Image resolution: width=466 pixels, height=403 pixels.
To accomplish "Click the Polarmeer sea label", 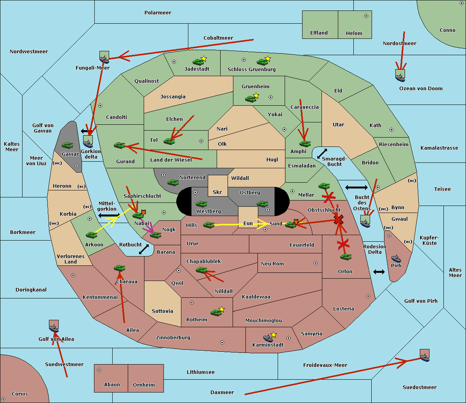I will click(x=158, y=13).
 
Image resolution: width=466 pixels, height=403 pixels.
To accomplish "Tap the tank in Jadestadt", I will click(x=198, y=61).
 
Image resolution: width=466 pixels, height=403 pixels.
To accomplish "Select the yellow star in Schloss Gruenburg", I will click(x=268, y=59).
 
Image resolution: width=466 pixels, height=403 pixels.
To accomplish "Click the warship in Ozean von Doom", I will click(x=400, y=77).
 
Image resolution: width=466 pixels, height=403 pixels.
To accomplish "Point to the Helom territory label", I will click(x=354, y=33).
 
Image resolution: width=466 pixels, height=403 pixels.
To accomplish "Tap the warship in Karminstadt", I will click(x=268, y=337).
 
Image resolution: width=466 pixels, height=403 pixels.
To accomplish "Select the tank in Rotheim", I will click(x=216, y=312).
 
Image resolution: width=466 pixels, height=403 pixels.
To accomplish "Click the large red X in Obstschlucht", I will click(x=339, y=220).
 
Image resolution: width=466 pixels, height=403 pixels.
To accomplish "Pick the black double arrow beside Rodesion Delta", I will click(x=379, y=272).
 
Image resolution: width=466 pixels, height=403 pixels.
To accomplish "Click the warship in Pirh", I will click(x=396, y=258).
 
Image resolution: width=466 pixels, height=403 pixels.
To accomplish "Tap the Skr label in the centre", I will click(x=217, y=192).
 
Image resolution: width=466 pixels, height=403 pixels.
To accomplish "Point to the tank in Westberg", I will click(x=201, y=204).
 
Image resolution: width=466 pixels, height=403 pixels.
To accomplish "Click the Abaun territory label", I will click(x=112, y=385).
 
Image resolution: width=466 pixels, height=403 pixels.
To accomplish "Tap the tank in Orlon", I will click(x=345, y=257).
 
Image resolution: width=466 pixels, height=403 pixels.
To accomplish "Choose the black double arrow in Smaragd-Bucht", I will click(x=322, y=154).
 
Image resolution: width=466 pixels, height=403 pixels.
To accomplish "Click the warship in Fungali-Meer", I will click(x=104, y=59).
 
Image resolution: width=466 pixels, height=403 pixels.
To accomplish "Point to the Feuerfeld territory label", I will click(x=302, y=245).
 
